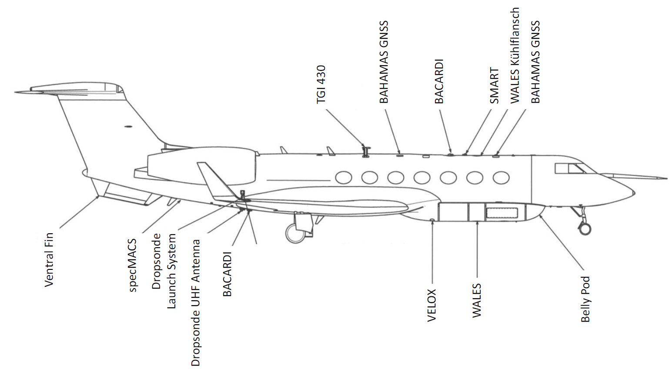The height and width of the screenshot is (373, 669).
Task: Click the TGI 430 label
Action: tap(321, 84)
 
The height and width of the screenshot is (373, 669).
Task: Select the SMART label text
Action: tap(494, 85)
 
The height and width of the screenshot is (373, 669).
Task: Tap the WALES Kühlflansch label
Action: tap(515, 55)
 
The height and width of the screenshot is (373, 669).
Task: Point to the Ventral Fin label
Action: tap(49, 259)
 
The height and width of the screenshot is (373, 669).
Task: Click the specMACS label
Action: tap(133, 265)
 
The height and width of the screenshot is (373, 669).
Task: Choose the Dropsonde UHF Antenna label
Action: tap(196, 302)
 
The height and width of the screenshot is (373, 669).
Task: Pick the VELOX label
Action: tap(432, 305)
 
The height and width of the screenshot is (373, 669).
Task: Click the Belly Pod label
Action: tap(585, 299)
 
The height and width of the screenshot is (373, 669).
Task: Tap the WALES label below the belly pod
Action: tap(477, 300)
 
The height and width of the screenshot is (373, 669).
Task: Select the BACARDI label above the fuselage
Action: tap(439, 81)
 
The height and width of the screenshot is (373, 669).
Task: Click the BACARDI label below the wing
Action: tap(227, 274)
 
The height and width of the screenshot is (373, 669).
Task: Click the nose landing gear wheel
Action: tap(585, 228)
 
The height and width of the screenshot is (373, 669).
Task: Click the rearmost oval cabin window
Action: tap(343, 178)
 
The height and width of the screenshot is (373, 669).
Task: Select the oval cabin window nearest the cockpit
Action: tap(501, 178)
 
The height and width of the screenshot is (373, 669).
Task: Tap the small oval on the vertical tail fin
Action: tap(128, 127)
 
